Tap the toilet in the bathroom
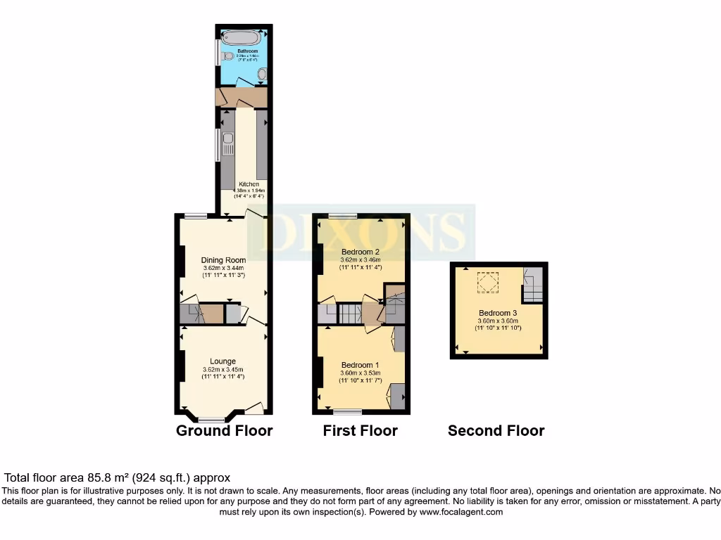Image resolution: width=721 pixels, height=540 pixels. click(x=227, y=56)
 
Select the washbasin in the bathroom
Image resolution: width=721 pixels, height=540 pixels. click(x=262, y=74)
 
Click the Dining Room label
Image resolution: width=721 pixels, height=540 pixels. click(x=223, y=260)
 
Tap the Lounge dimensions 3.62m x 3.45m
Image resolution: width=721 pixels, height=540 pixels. click(x=222, y=370)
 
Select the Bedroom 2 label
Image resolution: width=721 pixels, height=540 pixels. click(x=360, y=252)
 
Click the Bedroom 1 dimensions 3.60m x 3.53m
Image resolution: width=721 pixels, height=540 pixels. click(x=360, y=373)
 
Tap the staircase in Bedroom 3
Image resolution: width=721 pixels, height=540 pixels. click(x=533, y=285)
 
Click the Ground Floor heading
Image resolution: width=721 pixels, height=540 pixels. click(x=224, y=430)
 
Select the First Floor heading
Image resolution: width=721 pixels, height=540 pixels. click(x=360, y=430)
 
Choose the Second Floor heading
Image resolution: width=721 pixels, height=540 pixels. click(x=496, y=430)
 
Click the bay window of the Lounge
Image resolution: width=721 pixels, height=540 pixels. click(x=211, y=420)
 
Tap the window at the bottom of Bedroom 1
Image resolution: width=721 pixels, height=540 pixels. click(x=348, y=410)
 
